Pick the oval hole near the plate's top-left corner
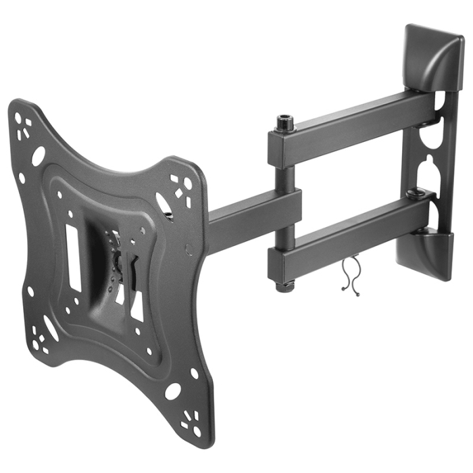pyautogui.click(x=39, y=155)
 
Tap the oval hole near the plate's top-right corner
pyautogui.click(x=164, y=203)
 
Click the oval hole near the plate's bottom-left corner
pyautogui.click(x=51, y=328)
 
